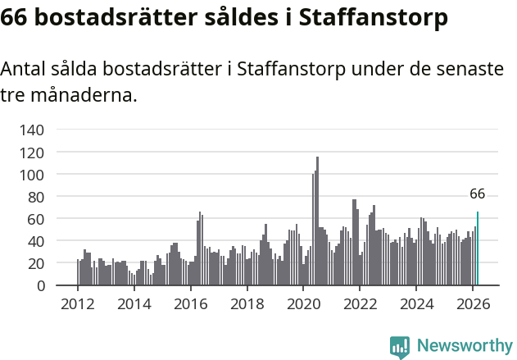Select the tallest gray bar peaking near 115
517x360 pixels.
317,221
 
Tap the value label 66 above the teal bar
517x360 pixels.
478,194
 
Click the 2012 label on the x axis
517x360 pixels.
78,303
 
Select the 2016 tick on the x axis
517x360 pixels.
190,303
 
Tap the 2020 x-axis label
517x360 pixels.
303,303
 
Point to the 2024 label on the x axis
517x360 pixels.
416,303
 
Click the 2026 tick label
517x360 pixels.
473,303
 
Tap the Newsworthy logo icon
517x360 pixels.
400,347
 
